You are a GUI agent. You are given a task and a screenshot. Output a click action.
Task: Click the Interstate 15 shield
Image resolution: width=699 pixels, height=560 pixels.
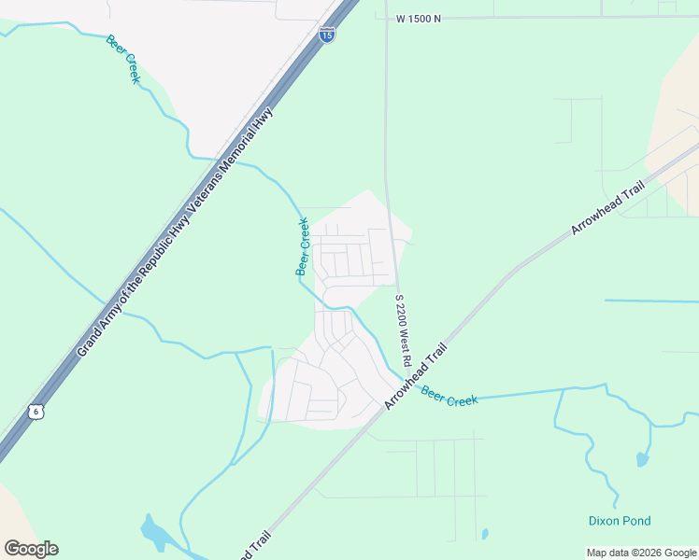tap(327, 35)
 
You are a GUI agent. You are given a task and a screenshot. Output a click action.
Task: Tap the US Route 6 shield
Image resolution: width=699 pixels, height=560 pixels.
tap(36, 412)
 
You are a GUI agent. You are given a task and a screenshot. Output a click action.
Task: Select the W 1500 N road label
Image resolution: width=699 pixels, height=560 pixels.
tap(418, 18)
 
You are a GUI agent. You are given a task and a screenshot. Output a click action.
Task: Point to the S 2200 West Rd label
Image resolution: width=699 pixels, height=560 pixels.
tap(404, 329)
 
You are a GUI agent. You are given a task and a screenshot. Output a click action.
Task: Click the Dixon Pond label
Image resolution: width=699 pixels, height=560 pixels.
tap(620, 521)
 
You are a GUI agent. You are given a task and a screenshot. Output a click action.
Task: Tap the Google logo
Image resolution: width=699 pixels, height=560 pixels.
tap(31, 549)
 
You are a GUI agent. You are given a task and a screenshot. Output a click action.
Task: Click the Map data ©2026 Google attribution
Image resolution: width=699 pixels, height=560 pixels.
tap(642, 553)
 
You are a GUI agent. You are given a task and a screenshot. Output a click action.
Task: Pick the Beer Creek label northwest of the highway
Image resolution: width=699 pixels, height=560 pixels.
tap(122, 59)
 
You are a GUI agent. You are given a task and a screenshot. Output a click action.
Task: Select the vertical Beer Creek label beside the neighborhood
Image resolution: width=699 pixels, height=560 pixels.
tap(303, 246)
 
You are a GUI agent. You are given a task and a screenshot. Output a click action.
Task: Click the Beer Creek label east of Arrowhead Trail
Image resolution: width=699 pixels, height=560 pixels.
tap(449, 396)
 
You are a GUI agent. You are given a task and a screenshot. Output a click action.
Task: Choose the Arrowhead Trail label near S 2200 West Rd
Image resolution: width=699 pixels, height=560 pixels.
tap(416, 376)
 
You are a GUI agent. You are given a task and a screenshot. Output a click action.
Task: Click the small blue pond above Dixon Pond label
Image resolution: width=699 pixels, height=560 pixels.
tap(641, 459)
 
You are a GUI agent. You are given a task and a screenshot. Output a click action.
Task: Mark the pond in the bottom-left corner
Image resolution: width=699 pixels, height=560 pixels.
tap(154, 533)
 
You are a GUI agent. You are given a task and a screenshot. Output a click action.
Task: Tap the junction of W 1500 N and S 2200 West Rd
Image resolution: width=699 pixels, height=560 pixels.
tap(386, 18)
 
